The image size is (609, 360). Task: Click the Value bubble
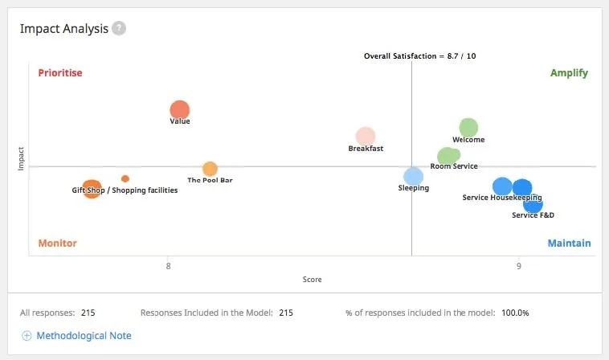tap(180, 111)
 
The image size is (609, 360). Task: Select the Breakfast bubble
tap(366, 137)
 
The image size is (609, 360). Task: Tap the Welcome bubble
tap(468, 128)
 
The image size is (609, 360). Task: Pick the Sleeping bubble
tap(413, 177)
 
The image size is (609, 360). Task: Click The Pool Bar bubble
tap(210, 169)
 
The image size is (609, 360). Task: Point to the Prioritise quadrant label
tap(60, 73)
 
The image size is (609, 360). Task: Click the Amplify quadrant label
tap(569, 73)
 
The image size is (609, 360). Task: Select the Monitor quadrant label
tap(57, 243)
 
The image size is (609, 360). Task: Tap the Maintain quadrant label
tap(569, 243)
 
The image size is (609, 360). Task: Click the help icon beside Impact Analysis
tap(119, 29)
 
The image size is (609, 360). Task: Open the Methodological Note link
tap(84, 336)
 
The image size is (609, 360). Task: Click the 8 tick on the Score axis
tap(169, 264)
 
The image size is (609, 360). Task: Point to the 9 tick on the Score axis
tap(518, 264)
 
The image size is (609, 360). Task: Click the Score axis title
tap(312, 280)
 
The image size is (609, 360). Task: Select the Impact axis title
tap(22, 157)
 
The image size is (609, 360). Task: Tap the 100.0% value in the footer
tap(515, 313)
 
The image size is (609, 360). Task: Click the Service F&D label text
tap(533, 215)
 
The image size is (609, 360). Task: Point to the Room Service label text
tap(454, 166)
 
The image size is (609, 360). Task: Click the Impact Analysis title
tap(63, 29)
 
